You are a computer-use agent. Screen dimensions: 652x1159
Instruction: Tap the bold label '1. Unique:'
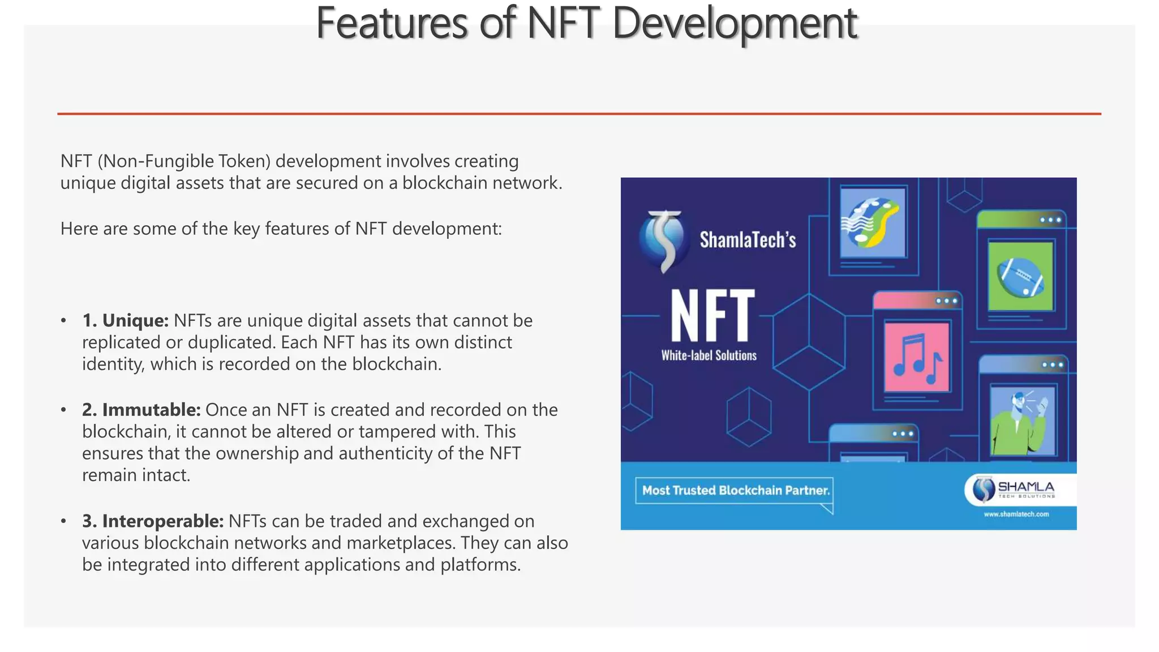click(x=125, y=321)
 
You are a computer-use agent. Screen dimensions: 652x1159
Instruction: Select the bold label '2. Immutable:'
click(x=141, y=410)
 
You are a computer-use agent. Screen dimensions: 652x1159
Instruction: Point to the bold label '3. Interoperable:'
click(x=153, y=521)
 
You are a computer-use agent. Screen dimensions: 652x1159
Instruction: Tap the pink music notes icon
click(x=917, y=357)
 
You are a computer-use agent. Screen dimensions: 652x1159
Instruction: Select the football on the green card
click(x=1020, y=277)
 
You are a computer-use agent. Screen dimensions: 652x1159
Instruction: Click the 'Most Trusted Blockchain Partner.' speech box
click(x=735, y=491)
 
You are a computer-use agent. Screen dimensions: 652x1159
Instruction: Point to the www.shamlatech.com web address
click(x=1016, y=514)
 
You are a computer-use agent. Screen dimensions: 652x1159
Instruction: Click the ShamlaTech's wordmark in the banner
click(x=748, y=240)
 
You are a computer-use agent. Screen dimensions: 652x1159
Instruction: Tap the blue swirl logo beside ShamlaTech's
click(x=664, y=241)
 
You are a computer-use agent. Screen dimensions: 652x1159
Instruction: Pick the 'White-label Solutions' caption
click(x=709, y=355)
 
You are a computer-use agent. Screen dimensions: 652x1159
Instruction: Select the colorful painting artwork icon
click(x=872, y=222)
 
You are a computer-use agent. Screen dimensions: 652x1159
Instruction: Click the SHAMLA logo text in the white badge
click(x=1025, y=487)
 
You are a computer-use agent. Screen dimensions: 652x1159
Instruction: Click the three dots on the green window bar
click(x=1050, y=220)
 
